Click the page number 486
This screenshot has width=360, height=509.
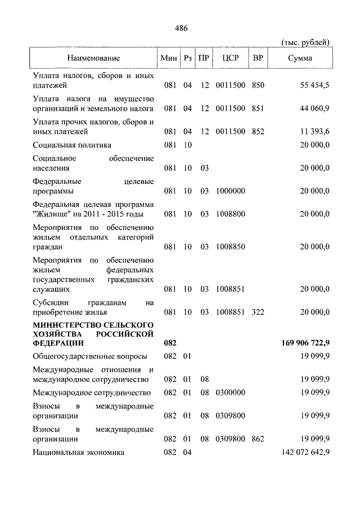point(181,28)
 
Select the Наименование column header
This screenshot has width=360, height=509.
point(93,58)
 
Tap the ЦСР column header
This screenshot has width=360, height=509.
point(231,58)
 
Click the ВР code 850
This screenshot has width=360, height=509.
point(259,85)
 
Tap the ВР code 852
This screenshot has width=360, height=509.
point(259,132)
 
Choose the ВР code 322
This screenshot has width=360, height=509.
point(259,312)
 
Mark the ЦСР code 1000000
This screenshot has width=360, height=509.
point(231,191)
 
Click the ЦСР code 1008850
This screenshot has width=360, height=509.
point(231,246)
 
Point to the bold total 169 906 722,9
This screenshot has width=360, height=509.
point(304,343)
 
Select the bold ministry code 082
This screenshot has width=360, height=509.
point(170,343)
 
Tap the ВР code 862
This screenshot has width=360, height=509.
point(259,438)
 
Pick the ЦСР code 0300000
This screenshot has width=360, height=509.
point(231,393)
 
